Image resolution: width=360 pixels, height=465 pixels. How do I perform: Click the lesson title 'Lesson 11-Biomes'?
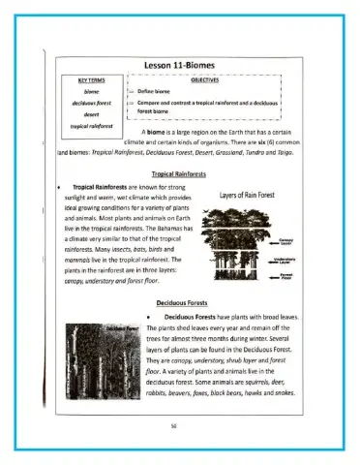(179, 65)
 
